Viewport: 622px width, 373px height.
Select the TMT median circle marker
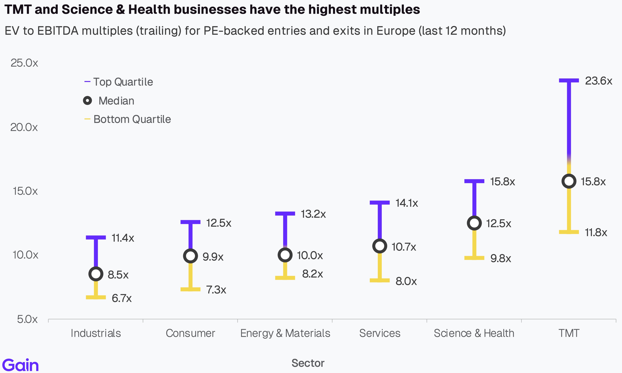(569, 181)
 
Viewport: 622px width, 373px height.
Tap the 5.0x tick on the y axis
(27, 319)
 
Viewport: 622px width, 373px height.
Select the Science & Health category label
(474, 333)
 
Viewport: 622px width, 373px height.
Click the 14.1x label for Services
(407, 203)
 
